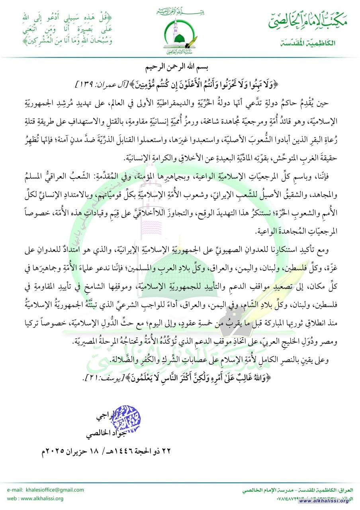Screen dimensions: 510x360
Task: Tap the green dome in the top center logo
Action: pyautogui.click(x=180, y=39)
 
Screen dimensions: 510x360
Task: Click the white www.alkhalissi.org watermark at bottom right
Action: pyautogui.click(x=327, y=501)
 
